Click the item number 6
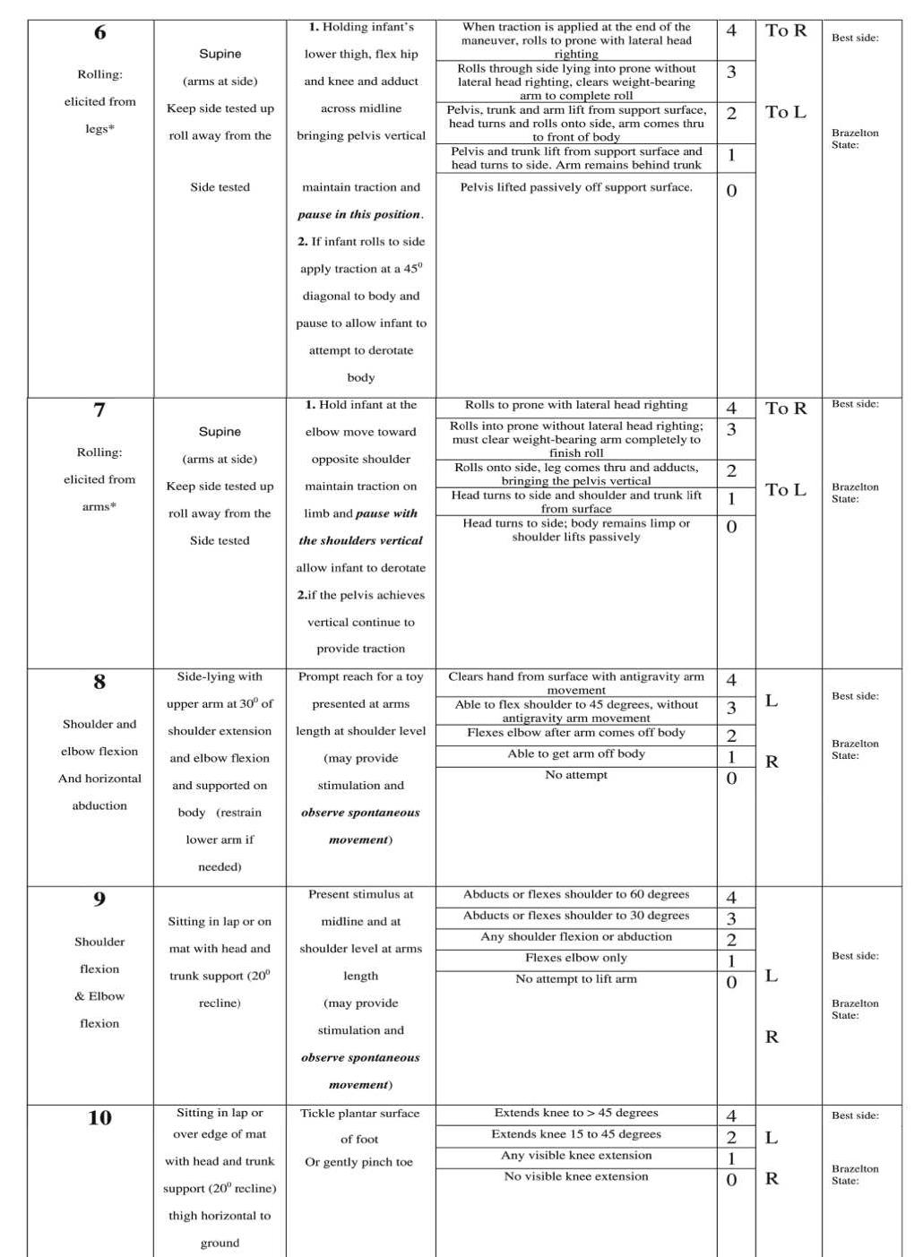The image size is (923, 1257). (99, 33)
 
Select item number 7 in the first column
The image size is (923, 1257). (99, 410)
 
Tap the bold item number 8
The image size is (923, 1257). (99, 683)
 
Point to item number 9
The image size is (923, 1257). (99, 900)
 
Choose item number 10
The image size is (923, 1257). (99, 1118)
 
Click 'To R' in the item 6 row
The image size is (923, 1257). (786, 31)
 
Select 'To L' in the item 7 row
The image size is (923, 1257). (786, 490)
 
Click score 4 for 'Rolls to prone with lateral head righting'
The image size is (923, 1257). (731, 409)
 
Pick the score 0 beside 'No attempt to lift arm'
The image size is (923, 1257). (731, 983)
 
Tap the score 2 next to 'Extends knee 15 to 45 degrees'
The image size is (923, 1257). (731, 1138)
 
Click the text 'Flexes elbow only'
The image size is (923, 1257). (576, 958)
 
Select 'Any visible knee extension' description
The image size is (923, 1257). (576, 1156)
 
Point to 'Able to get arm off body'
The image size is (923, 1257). (576, 753)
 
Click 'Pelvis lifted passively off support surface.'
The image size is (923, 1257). (576, 187)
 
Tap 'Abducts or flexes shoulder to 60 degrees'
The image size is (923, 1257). (576, 894)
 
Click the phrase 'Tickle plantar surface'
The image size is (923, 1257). (359, 1114)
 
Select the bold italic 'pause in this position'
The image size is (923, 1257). (359, 215)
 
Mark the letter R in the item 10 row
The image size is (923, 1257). (772, 1179)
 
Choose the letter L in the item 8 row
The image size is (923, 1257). (772, 701)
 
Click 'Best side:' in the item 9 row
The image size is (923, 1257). (855, 956)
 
